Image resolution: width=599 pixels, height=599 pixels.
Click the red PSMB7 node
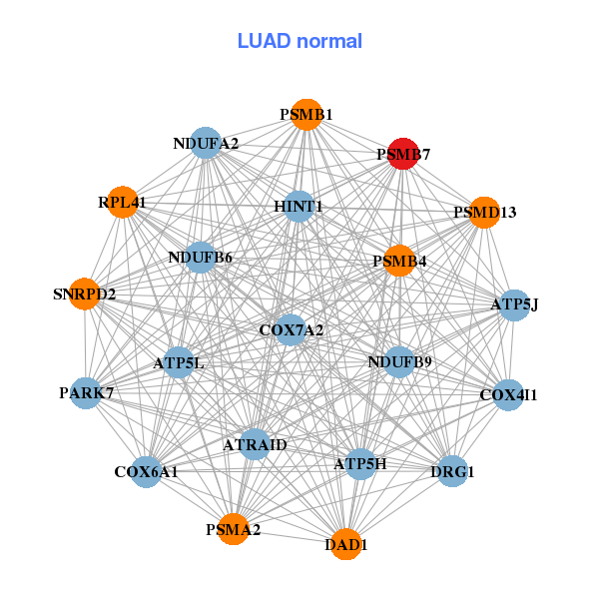402,154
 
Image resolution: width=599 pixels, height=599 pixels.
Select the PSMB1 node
306,115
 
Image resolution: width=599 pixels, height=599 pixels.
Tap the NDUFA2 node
205,144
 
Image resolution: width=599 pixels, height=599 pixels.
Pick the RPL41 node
122,203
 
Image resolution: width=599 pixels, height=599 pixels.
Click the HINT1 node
299,207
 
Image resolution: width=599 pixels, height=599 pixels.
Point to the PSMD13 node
484,212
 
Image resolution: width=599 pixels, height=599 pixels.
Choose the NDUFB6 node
201,258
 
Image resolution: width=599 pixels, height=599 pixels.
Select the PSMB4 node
399,262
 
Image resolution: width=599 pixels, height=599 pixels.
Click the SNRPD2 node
85,295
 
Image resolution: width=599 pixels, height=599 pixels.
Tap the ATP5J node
514,304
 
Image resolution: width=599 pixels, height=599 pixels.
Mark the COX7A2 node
291,329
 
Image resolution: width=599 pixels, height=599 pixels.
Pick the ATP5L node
179,363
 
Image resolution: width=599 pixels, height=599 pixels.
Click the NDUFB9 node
399,361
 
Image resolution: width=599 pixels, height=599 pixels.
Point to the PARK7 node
87,392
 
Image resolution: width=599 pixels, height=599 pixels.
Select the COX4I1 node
508,395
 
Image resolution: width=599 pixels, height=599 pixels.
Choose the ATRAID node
255,444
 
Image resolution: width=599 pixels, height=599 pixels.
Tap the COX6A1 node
146,471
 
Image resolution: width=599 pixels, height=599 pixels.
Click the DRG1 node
452,470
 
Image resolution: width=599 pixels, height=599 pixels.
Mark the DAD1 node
346,545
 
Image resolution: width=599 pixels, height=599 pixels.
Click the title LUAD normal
299,41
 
